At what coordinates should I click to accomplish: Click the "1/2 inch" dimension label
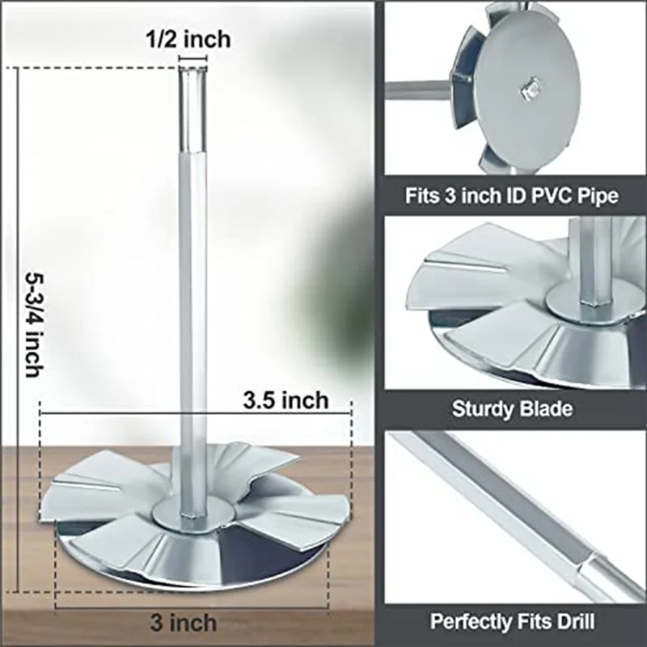pos(188,40)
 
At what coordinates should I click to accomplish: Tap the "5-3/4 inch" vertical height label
pos(34,324)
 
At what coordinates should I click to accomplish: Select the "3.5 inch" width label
pos(285,400)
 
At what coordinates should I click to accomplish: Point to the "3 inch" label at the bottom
pos(184,622)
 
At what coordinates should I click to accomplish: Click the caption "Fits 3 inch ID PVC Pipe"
pos(512,195)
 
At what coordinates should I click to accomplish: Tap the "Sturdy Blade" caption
pos(512,409)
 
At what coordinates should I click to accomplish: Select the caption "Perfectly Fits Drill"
pos(512,621)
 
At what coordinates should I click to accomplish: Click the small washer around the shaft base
pos(193,515)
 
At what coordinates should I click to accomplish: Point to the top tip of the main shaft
pos(192,69)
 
